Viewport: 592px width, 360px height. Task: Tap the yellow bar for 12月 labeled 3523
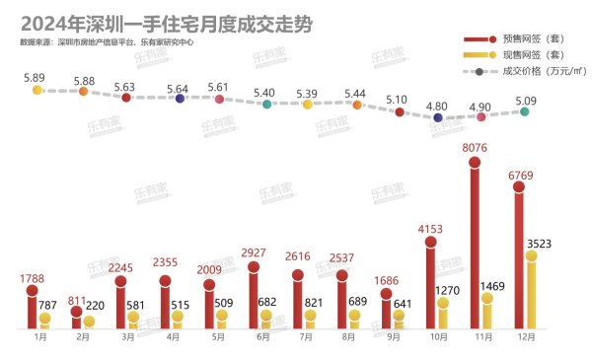click(x=531, y=291)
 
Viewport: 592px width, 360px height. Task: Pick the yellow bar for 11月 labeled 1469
click(x=486, y=311)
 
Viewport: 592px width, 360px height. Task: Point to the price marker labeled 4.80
click(x=437, y=117)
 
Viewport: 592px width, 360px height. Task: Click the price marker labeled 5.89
click(x=37, y=90)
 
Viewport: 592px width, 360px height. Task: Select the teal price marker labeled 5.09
click(x=525, y=111)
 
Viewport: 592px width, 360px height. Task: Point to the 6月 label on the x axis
click(x=262, y=336)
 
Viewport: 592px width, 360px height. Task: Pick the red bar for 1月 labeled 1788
click(x=32, y=302)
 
